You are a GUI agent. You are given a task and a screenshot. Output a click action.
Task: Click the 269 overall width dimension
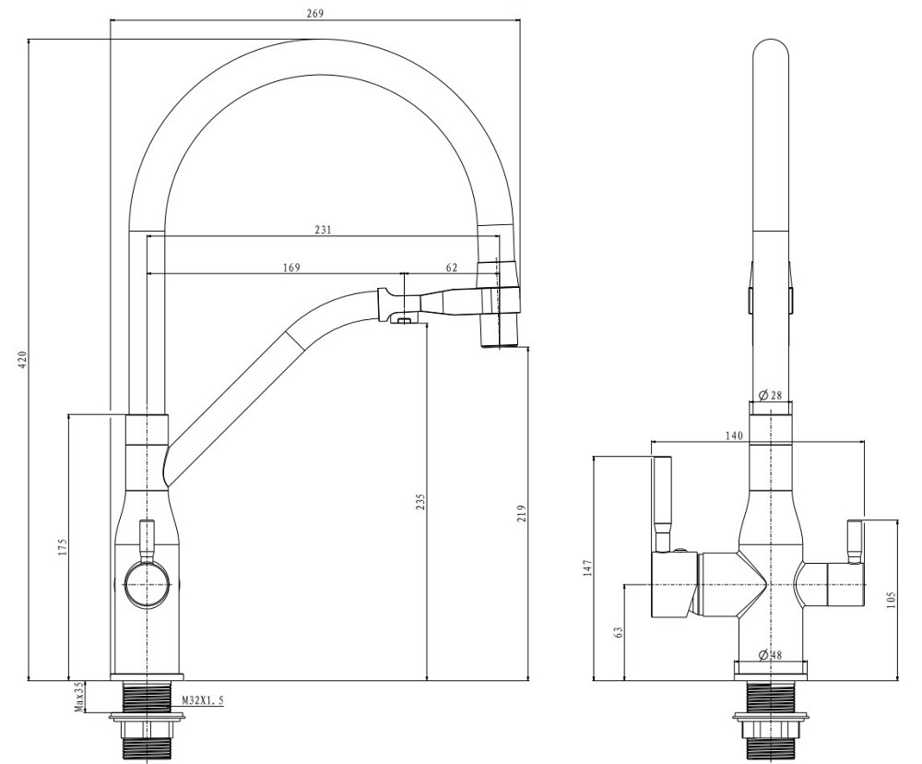click(x=313, y=13)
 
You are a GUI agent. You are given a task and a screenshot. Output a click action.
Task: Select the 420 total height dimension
click(x=21, y=359)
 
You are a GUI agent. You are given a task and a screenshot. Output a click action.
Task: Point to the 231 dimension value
click(x=323, y=230)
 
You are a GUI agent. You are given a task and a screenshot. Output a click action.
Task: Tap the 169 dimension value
click(x=291, y=268)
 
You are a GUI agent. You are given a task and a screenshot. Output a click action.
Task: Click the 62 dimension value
click(x=451, y=268)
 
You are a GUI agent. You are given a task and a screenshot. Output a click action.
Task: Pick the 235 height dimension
click(x=420, y=501)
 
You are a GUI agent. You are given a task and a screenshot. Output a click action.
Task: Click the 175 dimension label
click(x=62, y=546)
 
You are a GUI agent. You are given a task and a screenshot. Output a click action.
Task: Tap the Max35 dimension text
click(x=79, y=696)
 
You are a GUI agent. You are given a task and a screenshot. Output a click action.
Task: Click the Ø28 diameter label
click(x=770, y=395)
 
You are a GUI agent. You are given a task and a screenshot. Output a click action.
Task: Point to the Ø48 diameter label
click(x=770, y=655)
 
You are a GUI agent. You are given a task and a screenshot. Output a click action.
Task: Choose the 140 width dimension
click(x=734, y=436)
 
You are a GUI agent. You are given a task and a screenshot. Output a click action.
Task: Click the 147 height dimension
click(x=585, y=567)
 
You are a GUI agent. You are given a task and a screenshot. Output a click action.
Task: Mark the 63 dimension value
click(x=618, y=632)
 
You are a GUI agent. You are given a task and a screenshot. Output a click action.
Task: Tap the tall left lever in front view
click(x=663, y=503)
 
